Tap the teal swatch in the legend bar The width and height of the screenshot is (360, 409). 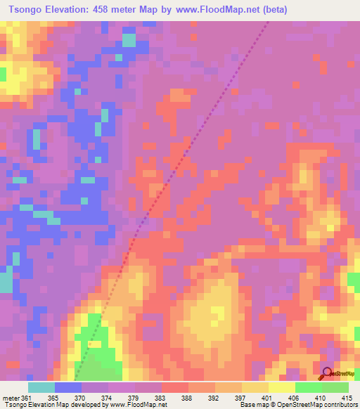pos(41,387)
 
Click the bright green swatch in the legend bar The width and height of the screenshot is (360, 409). pos(308,387)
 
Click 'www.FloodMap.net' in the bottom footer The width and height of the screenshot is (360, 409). pos(136,405)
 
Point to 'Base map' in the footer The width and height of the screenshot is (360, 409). pos(255,405)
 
